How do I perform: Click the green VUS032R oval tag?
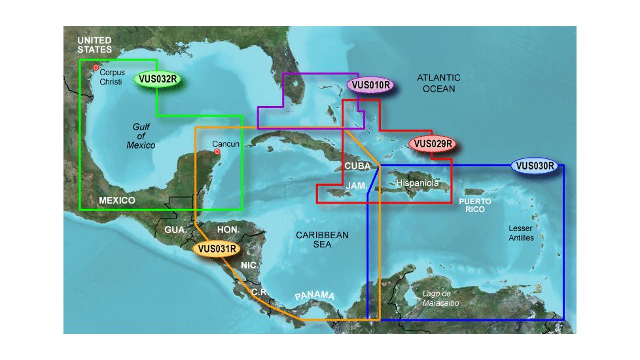[158, 80]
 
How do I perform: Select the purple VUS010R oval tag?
[370, 84]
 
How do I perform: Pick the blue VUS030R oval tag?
[535, 166]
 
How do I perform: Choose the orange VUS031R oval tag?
[216, 248]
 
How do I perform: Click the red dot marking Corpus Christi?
[96, 67]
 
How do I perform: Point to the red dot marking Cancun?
[218, 153]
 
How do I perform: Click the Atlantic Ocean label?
[438, 82]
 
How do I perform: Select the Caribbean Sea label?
[322, 239]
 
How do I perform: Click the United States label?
[94, 45]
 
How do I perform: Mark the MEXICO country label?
[116, 200]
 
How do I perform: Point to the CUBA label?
[358, 166]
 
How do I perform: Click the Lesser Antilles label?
[522, 233]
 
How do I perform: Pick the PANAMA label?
[314, 296]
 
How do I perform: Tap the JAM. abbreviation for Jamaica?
[356, 186]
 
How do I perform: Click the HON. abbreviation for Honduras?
[228, 229]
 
